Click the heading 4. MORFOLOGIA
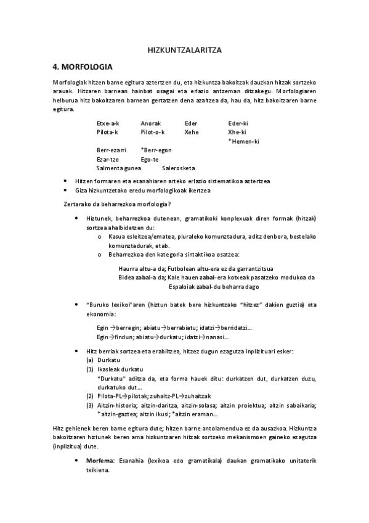[88, 67]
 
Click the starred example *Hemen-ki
[243, 141]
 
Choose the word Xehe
[191, 132]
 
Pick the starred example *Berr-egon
[156, 150]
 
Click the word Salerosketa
[179, 168]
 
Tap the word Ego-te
[150, 159]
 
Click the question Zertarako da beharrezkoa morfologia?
[117, 204]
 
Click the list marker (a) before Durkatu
[90, 359]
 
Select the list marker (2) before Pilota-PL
[90, 395]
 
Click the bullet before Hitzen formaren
[66, 181]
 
